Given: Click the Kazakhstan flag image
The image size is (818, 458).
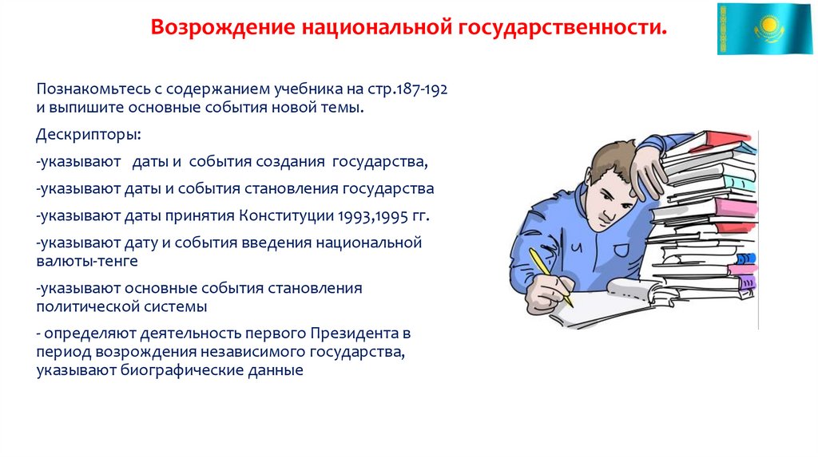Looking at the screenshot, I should click(764, 29).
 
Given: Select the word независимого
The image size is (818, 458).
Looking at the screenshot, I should click(258, 351).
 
